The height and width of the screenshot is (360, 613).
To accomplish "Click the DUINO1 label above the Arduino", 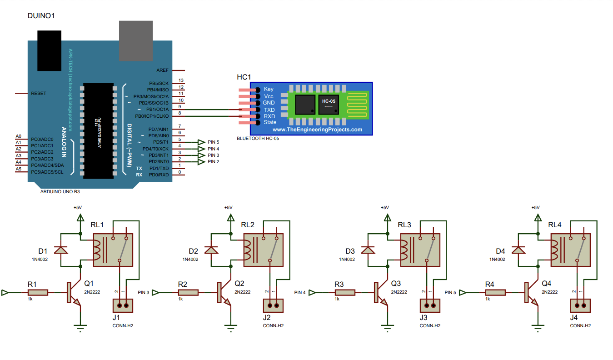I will (42, 16).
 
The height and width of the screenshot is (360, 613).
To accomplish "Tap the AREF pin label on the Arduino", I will (162, 70).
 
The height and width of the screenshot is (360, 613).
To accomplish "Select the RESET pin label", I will (39, 93).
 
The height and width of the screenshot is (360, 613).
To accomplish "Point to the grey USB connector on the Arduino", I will (135, 40).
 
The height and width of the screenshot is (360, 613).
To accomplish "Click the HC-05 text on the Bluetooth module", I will (329, 101).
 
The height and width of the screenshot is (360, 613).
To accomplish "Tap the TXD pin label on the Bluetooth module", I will (269, 110).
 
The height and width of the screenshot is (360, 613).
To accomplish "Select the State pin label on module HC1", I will (269, 122).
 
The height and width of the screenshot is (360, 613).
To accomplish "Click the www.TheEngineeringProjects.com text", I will (317, 130).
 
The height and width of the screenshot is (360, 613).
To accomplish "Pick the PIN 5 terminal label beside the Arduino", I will (213, 142).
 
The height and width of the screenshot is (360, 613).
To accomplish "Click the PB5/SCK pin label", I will (159, 84).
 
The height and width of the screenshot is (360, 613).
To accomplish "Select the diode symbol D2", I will (211, 250).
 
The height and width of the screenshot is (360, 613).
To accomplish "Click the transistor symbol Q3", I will (379, 293).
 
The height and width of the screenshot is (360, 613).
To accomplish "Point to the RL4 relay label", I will (555, 225).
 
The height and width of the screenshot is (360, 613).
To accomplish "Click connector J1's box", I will (122, 305).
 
